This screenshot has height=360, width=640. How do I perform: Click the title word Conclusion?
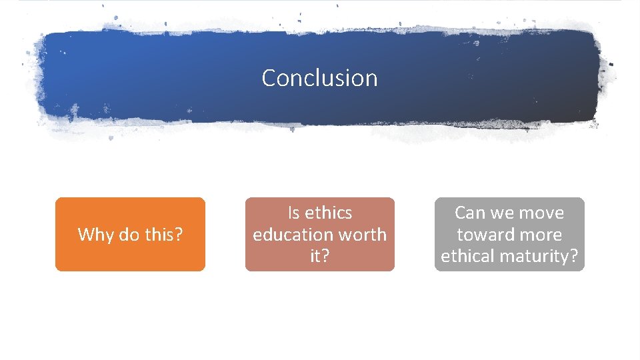pos(319,78)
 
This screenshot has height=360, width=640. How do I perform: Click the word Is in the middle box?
pos(294,213)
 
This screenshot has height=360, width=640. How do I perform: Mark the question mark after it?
pos(325,257)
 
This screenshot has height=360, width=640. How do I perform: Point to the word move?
pos(541,213)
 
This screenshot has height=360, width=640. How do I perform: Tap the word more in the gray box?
pos(539,235)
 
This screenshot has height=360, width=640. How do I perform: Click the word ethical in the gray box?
pos(467,257)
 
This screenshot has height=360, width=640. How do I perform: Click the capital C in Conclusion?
pos(269,78)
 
